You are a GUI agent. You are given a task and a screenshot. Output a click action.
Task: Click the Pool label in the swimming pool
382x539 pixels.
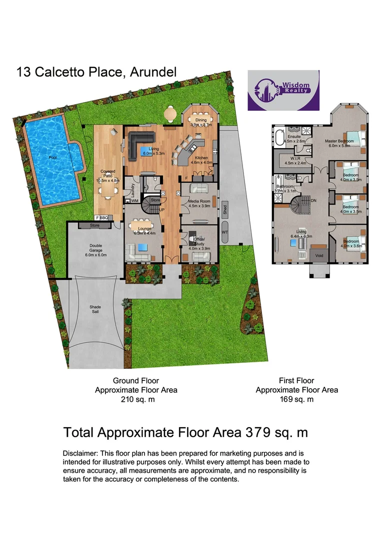(52, 157)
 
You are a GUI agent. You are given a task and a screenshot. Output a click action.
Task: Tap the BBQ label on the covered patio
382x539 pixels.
(104, 218)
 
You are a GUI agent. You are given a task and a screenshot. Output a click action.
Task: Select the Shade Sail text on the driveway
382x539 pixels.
(95, 310)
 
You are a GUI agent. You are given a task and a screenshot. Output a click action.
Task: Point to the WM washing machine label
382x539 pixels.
(134, 201)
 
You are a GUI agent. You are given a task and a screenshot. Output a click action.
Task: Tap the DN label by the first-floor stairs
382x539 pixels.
(313, 200)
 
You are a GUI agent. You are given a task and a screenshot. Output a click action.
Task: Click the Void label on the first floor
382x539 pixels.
(319, 256)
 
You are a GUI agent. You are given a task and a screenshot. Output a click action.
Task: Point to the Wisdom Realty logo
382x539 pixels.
(283, 90)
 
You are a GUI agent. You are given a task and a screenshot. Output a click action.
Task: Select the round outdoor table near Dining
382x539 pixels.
(170, 114)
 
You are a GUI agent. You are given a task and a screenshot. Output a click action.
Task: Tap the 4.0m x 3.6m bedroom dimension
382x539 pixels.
(350, 245)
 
